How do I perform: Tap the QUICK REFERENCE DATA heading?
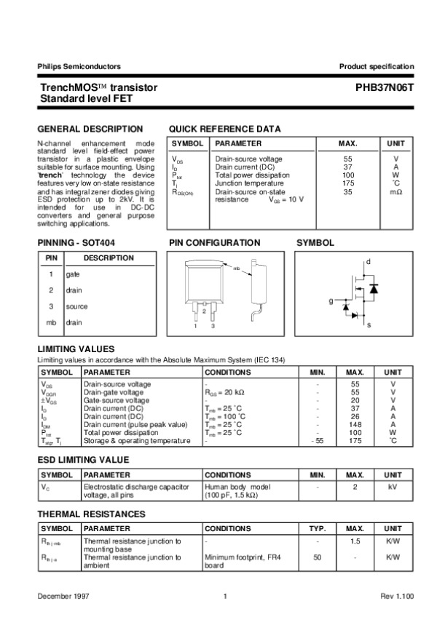pos(224,128)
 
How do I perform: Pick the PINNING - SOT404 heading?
pos(76,242)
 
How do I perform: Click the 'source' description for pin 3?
pos(76,306)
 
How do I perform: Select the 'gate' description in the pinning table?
pos(73,274)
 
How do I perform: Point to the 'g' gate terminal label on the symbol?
pos(330,300)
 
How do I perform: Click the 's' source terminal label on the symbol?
pos(369,324)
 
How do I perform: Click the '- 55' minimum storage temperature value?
pos(317,441)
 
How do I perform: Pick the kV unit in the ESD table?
pos(393,485)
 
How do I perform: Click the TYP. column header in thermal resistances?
pos(317,528)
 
